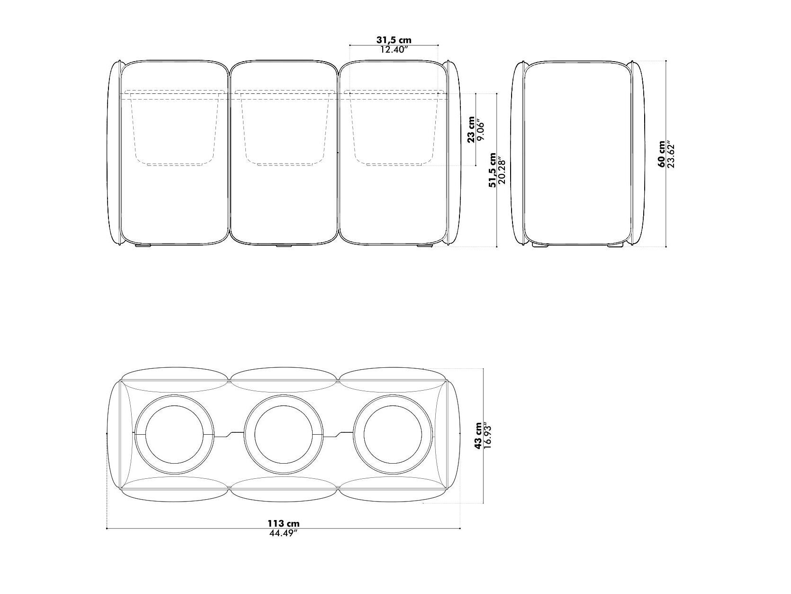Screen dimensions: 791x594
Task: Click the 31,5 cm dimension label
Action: click(x=394, y=40)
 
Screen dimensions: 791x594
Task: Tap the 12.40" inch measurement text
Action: click(x=394, y=50)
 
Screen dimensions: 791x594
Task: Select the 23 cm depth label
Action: click(x=471, y=129)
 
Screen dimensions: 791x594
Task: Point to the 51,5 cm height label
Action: click(x=492, y=170)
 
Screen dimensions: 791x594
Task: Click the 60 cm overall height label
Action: click(x=662, y=154)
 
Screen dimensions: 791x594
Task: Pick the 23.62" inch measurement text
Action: click(x=671, y=154)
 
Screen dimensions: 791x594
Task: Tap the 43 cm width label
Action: click(x=478, y=435)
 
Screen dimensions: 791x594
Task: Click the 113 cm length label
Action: click(x=283, y=523)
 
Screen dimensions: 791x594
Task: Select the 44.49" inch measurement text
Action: click(x=283, y=533)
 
